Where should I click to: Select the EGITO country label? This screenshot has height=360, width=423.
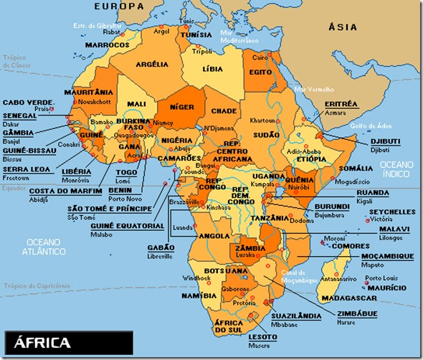258,72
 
